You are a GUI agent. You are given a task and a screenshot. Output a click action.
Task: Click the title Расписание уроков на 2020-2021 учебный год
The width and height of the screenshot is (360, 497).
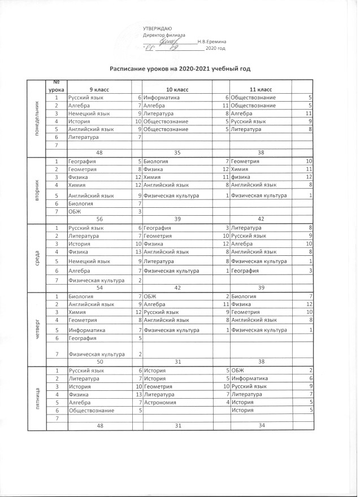(179, 69)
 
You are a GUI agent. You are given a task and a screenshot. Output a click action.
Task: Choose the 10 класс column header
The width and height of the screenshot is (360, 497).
(177, 90)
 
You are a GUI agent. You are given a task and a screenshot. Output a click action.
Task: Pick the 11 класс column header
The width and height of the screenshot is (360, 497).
(261, 90)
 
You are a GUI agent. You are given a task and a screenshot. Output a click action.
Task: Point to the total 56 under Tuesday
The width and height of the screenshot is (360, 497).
(99, 219)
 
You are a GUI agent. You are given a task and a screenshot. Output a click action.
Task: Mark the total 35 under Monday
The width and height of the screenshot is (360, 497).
(177, 152)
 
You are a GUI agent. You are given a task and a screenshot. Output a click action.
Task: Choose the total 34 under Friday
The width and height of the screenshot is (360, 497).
(261, 425)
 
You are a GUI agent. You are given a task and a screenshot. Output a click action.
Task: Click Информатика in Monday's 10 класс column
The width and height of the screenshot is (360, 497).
(161, 98)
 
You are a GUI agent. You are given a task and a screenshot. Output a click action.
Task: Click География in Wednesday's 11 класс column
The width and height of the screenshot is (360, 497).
(246, 271)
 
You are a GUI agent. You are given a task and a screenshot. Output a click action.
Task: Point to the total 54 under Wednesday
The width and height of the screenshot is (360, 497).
(99, 287)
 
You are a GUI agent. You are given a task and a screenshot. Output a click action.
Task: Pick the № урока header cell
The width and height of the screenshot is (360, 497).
(57, 86)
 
